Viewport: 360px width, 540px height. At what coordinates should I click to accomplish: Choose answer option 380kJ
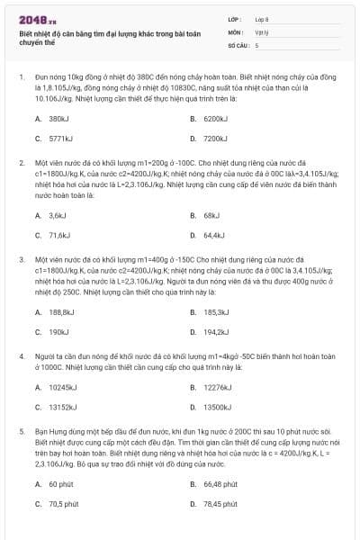pos(58,119)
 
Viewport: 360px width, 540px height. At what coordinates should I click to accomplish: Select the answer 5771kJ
pos(59,139)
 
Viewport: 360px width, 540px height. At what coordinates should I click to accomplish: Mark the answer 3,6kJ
pos(57,215)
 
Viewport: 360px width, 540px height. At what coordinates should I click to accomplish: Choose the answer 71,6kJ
pos(58,235)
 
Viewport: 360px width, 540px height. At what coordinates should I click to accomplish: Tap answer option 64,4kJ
pos(213,235)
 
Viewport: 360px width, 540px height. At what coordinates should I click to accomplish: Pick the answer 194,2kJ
pos(215,331)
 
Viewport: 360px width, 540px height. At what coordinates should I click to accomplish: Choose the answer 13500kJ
pos(217,407)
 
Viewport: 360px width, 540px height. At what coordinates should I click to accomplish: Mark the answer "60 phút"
pos(61,483)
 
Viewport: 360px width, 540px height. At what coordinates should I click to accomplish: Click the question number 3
pos(21,258)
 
